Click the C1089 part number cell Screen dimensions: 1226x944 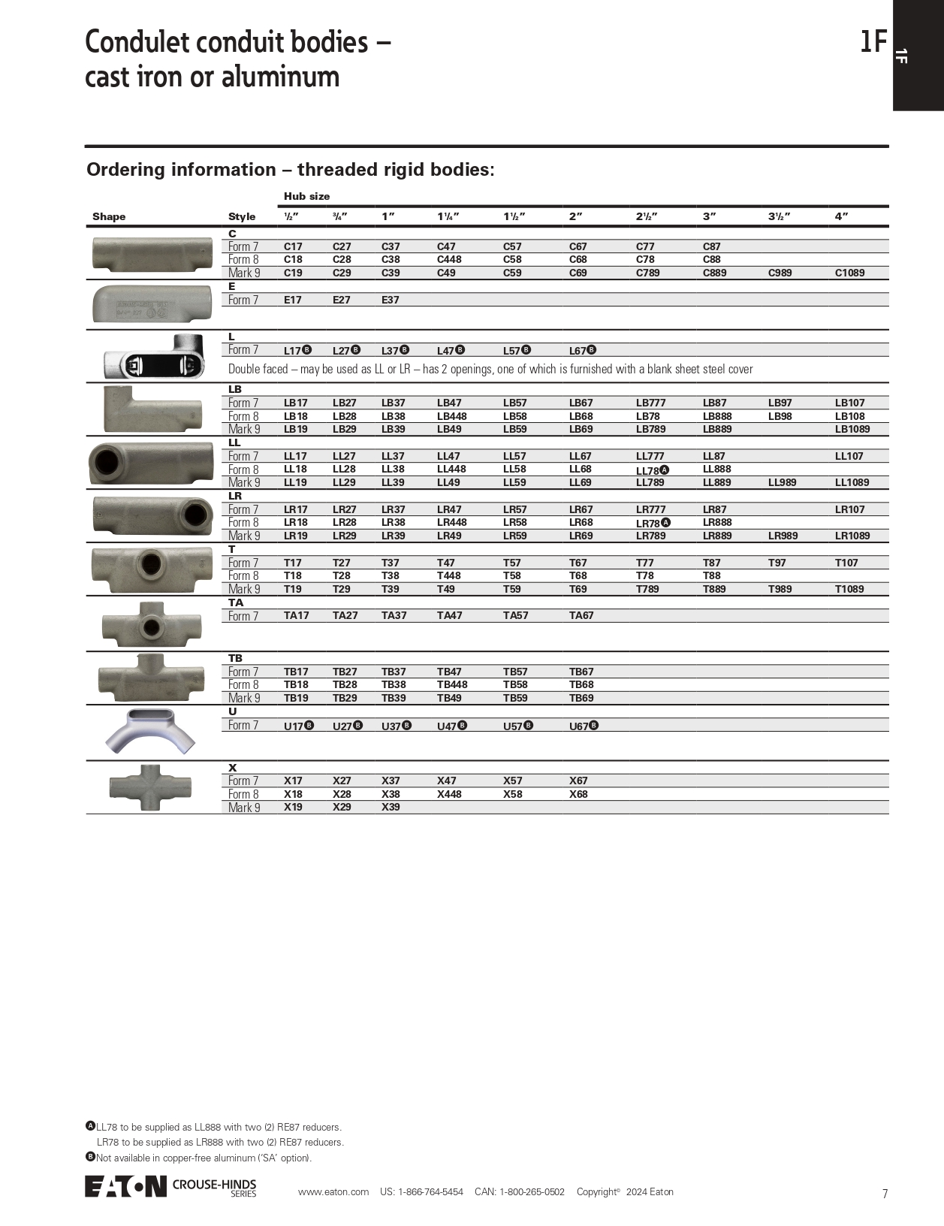[x=849, y=273]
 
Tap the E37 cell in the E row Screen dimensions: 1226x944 [x=390, y=300]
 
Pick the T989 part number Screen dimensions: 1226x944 [x=780, y=589]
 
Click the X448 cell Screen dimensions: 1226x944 [x=449, y=794]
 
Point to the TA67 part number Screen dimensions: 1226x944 [x=581, y=615]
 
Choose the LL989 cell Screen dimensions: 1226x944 [x=782, y=482]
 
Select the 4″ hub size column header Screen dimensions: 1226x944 [x=841, y=216]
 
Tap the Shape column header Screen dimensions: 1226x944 [x=109, y=216]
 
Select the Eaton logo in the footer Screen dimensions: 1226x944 [x=125, y=1186]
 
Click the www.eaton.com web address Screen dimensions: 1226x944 [x=333, y=1191]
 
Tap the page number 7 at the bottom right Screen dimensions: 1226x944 [x=885, y=1194]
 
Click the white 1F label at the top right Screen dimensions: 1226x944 [x=902, y=56]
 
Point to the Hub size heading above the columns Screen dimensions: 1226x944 [x=306, y=196]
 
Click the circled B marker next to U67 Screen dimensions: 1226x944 [x=594, y=725]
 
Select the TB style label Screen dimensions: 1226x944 [x=235, y=658]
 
